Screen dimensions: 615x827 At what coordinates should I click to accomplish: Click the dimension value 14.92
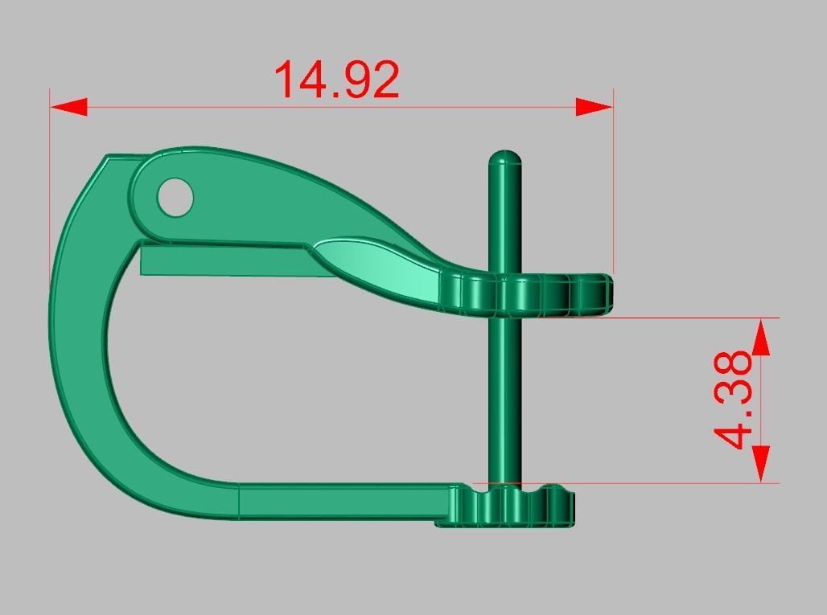[336, 80]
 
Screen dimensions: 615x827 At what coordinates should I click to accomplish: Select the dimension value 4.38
[734, 400]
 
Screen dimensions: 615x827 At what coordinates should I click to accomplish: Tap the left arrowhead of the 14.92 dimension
[69, 107]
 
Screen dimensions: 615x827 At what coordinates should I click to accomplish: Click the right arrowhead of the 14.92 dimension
[595, 107]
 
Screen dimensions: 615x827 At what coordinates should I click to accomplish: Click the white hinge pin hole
[175, 197]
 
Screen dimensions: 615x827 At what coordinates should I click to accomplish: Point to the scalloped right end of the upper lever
[563, 294]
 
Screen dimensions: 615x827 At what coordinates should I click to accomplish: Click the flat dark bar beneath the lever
[225, 262]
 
